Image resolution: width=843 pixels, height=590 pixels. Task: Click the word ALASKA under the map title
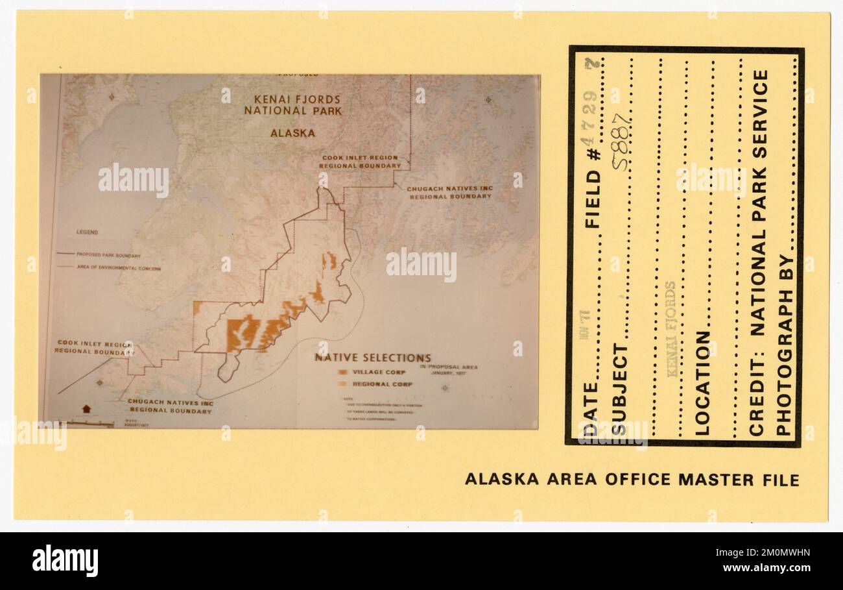[292, 133]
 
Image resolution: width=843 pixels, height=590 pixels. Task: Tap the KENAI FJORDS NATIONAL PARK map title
[292, 105]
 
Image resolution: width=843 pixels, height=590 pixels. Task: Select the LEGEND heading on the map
[87, 232]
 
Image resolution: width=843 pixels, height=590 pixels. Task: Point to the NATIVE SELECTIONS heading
[373, 358]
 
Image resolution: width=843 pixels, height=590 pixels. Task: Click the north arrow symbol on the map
[86, 410]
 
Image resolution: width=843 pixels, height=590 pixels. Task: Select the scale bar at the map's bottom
[91, 423]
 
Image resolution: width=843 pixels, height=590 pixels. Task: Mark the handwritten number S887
[621, 141]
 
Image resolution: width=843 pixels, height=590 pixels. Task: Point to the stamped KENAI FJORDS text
[671, 329]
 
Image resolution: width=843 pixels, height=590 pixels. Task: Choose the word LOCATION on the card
[702, 383]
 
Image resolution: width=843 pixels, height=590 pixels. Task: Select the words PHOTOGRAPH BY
[784, 345]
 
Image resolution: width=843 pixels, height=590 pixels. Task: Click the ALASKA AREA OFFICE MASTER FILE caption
[632, 480]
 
